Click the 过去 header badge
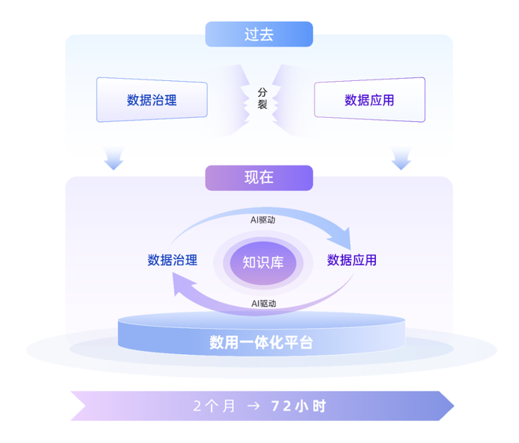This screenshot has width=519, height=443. [259, 35]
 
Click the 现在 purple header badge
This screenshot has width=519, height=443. [259, 177]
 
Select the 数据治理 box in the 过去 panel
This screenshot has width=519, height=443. [152, 100]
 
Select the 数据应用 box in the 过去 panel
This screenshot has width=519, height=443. [369, 100]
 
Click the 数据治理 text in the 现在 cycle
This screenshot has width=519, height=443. [172, 260]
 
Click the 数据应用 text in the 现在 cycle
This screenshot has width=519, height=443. [352, 260]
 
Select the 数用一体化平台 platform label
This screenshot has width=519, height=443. [261, 343]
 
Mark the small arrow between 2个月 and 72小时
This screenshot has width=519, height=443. [253, 406]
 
